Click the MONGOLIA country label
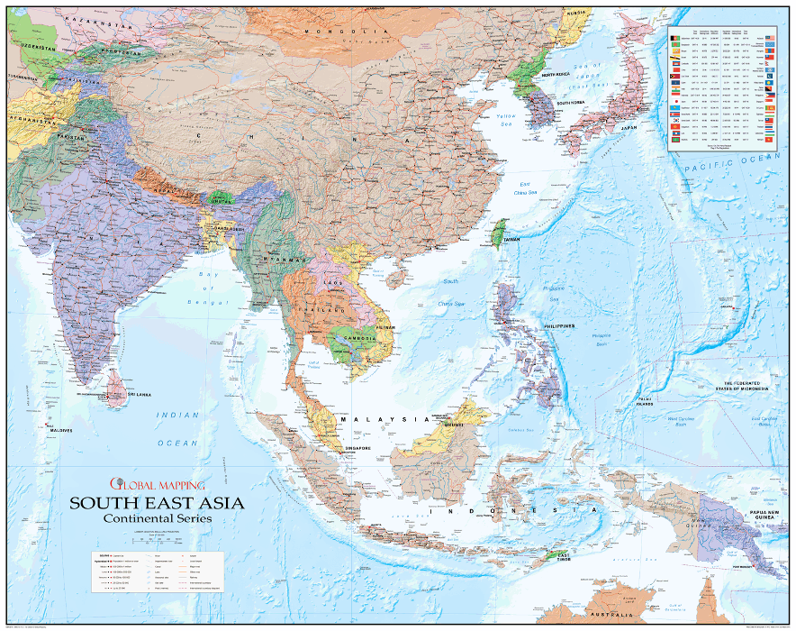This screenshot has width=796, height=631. point(332,31)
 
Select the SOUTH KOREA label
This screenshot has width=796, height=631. point(571,104)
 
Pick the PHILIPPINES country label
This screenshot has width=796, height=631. point(559,325)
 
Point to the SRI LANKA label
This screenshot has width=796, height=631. point(140,395)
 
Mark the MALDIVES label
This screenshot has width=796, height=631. point(60,430)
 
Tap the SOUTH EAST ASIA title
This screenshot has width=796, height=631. point(157,503)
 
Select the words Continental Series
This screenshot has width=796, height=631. point(157,519)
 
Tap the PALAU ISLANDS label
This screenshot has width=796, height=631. point(644,401)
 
